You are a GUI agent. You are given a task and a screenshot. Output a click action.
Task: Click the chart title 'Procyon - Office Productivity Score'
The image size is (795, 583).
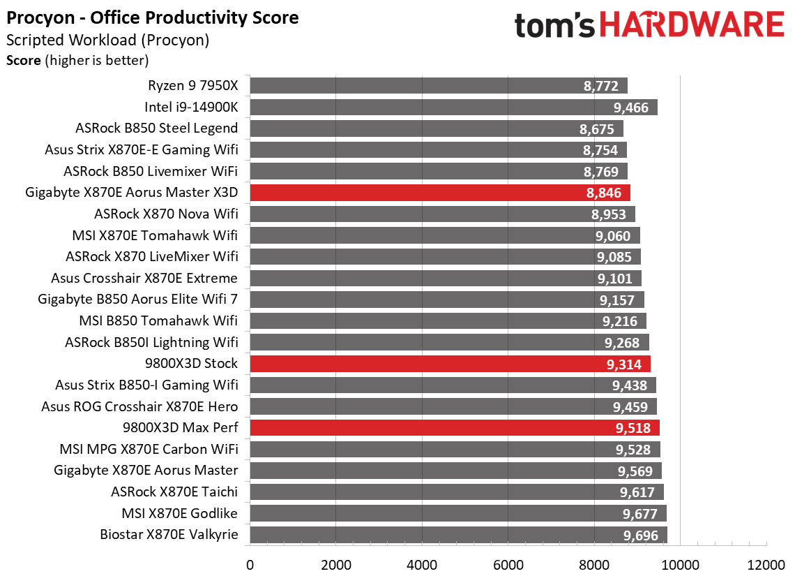pyautogui.click(x=153, y=17)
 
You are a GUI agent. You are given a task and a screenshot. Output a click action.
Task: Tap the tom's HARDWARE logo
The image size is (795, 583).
pyautogui.click(x=649, y=26)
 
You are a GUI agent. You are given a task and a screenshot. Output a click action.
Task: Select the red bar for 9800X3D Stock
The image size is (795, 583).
pyautogui.click(x=450, y=364)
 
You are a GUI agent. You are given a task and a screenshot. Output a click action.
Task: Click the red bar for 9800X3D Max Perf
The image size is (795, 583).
pyautogui.click(x=454, y=428)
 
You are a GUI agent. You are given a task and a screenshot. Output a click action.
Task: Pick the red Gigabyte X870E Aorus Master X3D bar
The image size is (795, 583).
pyautogui.click(x=439, y=193)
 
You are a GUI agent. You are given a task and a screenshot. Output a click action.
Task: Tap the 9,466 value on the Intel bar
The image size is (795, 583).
pyautogui.click(x=630, y=108)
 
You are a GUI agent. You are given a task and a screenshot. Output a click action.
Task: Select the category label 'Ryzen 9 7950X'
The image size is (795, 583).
pyautogui.click(x=192, y=86)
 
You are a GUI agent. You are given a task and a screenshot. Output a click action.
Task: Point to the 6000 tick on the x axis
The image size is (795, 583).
pyautogui.click(x=508, y=563)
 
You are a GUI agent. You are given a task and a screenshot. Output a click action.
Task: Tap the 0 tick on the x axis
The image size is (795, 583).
pyautogui.click(x=250, y=563)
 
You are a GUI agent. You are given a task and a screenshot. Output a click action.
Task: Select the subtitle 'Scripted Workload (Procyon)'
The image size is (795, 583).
pyautogui.click(x=107, y=40)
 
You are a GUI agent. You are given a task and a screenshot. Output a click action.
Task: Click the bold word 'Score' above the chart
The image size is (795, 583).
pyautogui.click(x=23, y=60)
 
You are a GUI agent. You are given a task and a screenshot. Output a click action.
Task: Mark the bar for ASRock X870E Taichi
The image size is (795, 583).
pyautogui.click(x=456, y=492)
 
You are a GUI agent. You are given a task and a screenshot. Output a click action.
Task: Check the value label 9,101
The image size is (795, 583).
pyautogui.click(x=614, y=279)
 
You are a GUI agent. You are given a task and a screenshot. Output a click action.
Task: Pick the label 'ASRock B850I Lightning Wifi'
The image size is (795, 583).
pyautogui.click(x=151, y=342)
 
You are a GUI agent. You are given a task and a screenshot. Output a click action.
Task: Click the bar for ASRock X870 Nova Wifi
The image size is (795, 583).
pyautogui.click(x=442, y=214)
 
